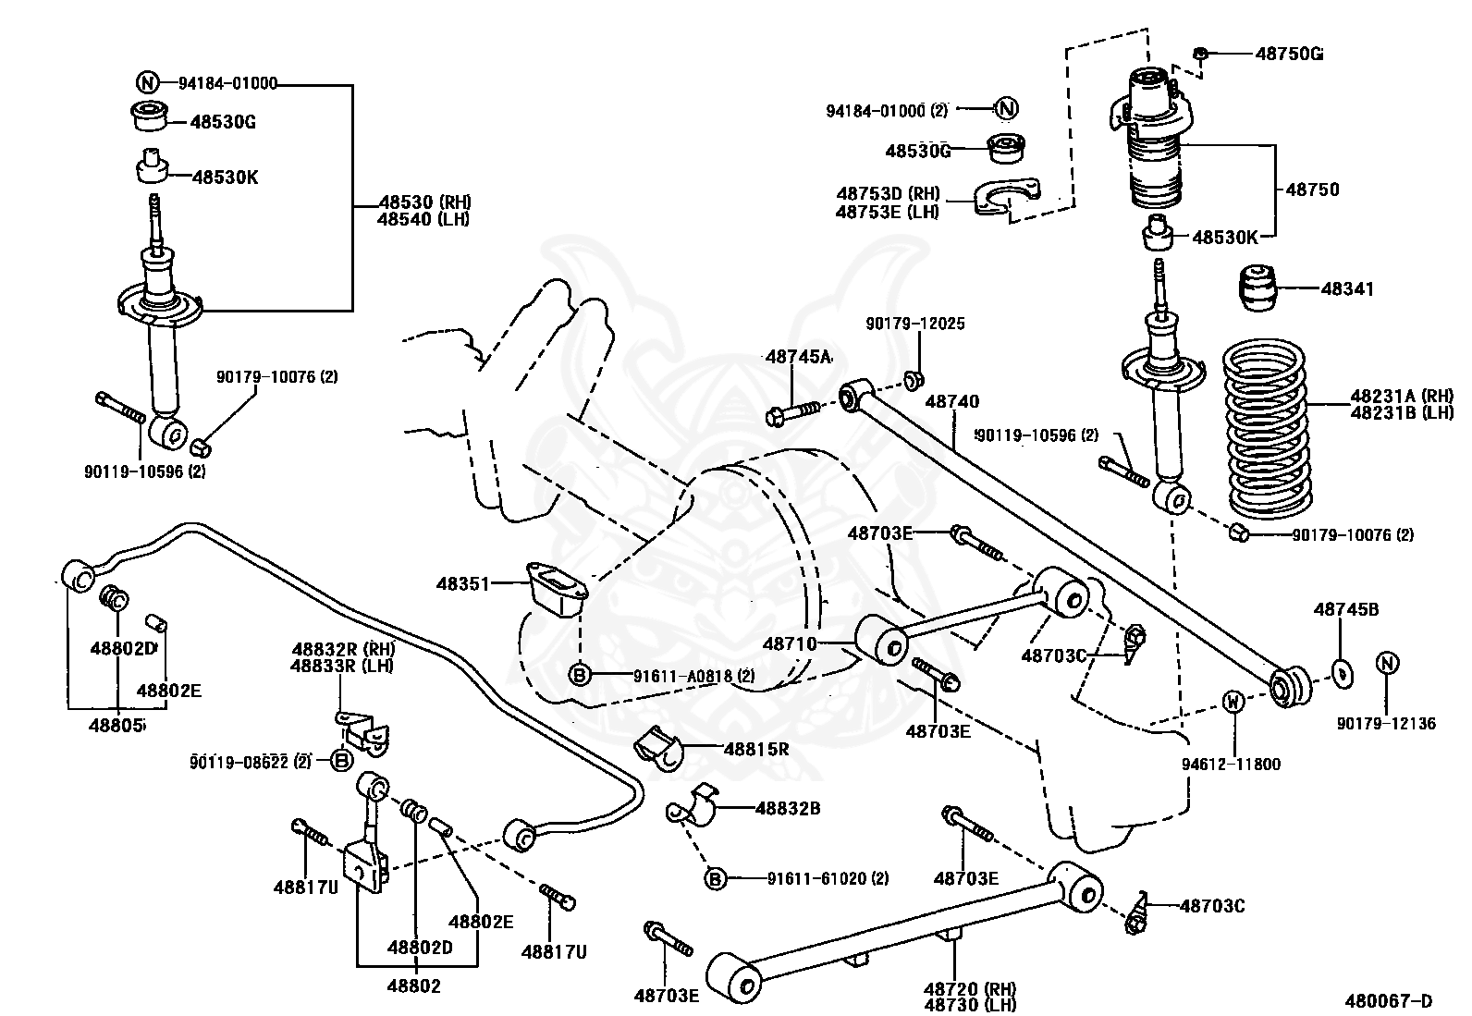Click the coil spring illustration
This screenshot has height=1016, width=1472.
point(1263,429)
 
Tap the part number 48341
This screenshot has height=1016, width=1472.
point(1347,288)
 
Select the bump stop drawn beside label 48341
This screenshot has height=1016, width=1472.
point(1258,288)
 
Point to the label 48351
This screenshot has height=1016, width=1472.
point(463,583)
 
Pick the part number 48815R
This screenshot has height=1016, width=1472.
point(756,749)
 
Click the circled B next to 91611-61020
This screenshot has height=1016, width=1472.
point(715,878)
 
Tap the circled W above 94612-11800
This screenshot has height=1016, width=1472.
point(1233,701)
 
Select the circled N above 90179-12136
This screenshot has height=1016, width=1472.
point(1387,663)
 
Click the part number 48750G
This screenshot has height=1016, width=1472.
point(1289,54)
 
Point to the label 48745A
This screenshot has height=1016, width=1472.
point(799,357)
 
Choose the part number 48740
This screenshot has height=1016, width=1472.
point(952,401)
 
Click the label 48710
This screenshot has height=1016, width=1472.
point(790,643)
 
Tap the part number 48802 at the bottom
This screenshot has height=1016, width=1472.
point(414,985)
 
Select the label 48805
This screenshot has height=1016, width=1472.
point(117,726)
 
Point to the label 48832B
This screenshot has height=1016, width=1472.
point(788,808)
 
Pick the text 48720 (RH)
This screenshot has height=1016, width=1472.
point(970,987)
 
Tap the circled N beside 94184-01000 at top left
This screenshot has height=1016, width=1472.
point(148,83)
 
